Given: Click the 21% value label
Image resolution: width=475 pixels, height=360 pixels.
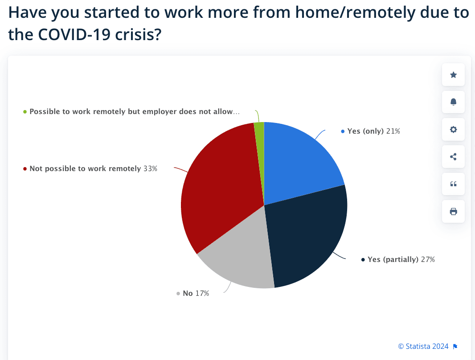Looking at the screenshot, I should pos(393,131).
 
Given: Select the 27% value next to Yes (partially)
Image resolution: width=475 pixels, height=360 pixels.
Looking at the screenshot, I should pos(427,259).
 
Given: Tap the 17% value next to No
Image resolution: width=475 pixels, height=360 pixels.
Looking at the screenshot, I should pos(202,293).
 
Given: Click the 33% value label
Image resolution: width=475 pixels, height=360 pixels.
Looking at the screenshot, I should pos(150,169).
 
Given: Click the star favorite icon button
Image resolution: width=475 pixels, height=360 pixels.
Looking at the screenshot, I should pos(453,75).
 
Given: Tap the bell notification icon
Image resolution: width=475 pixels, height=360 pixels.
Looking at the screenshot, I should pos(453,102).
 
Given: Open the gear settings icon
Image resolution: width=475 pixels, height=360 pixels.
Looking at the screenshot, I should pos(453,130).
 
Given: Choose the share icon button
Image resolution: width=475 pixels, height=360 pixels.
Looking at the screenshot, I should pos(453,157).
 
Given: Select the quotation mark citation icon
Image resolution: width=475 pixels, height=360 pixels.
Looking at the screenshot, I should pos(453,184).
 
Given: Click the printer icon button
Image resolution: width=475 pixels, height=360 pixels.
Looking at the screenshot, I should pos(453,212).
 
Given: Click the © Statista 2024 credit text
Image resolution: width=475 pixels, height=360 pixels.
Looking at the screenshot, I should pos(423,346).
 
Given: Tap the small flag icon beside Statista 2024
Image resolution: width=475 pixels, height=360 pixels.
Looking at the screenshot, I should pos(455,347).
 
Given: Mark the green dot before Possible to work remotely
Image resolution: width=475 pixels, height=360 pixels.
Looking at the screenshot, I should pos(25,111).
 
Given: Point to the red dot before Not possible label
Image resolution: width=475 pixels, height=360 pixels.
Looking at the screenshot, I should pos(25,169).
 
